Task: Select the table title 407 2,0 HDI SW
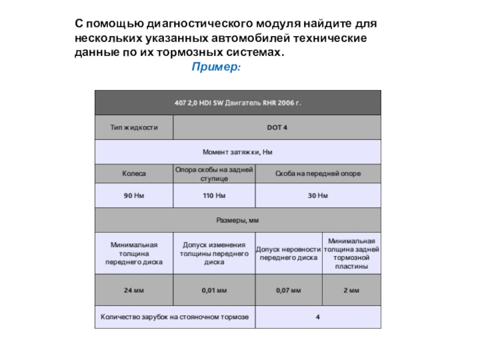[238, 103]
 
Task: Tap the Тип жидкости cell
[134, 128]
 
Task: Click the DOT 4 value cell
[277, 128]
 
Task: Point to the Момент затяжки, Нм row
[238, 152]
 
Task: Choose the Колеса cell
[134, 173]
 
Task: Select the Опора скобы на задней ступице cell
[214, 173]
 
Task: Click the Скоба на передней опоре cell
[318, 173]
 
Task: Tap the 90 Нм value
[134, 196]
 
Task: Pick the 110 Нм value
[214, 196]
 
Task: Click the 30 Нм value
[318, 196]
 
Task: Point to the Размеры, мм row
[238, 220]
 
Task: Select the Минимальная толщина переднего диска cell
[134, 253]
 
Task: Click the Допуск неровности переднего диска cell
[289, 253]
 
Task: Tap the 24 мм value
[134, 290]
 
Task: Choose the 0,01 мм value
[214, 290]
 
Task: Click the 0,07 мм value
[289, 290]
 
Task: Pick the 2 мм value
[351, 290]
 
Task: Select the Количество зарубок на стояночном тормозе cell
[175, 317]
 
